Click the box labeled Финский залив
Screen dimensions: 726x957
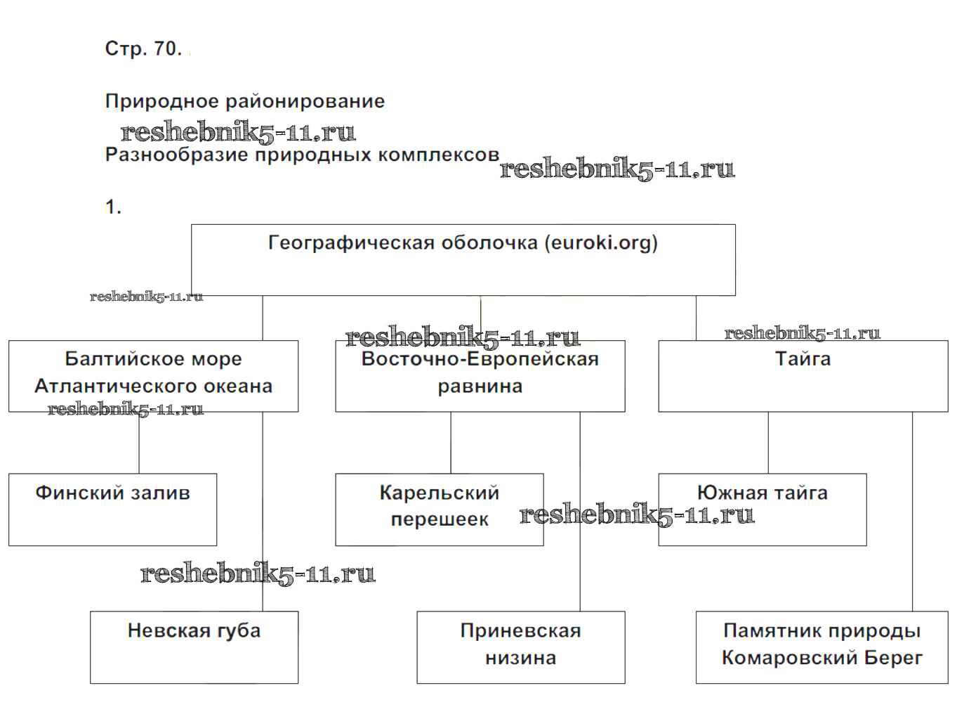112,509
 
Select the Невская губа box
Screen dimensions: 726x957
194,647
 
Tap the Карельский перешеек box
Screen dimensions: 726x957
439,509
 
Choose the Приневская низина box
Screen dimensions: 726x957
520,647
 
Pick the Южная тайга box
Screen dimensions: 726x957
762,509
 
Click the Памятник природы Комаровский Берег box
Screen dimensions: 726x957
821,647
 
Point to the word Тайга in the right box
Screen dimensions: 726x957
803,359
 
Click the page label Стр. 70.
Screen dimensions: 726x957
143,48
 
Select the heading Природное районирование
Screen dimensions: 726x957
244,101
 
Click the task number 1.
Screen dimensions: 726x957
113,207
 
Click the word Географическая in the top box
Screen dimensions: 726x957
351,243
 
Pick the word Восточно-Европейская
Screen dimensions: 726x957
480,359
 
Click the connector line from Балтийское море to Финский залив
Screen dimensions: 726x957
139,443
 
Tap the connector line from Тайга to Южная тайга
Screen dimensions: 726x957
768,443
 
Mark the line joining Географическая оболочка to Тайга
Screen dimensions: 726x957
697,318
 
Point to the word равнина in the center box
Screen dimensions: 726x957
480,386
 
